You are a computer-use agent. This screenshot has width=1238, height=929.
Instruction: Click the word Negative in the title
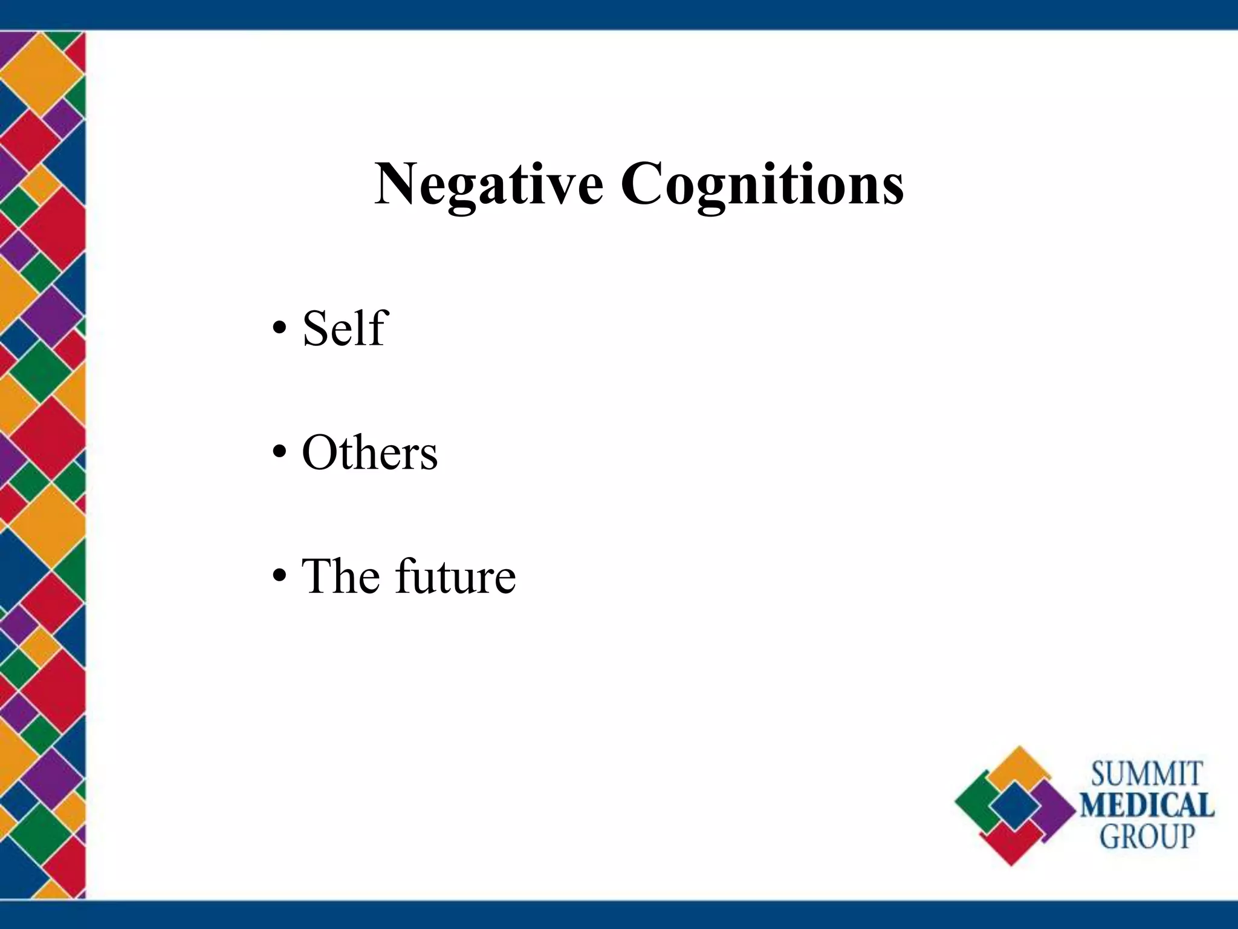pos(488,184)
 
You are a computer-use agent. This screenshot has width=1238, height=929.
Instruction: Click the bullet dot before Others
pos(279,454)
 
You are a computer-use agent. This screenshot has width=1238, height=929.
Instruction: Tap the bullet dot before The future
pos(279,578)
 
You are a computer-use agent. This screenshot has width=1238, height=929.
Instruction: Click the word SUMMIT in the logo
pos(1146,775)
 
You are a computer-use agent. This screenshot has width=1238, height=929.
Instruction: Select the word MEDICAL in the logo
pos(1147,806)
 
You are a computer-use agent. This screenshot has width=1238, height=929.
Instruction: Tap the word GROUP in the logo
pos(1147,837)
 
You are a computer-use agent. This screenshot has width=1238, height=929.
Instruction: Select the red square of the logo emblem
pos(1011,844)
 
